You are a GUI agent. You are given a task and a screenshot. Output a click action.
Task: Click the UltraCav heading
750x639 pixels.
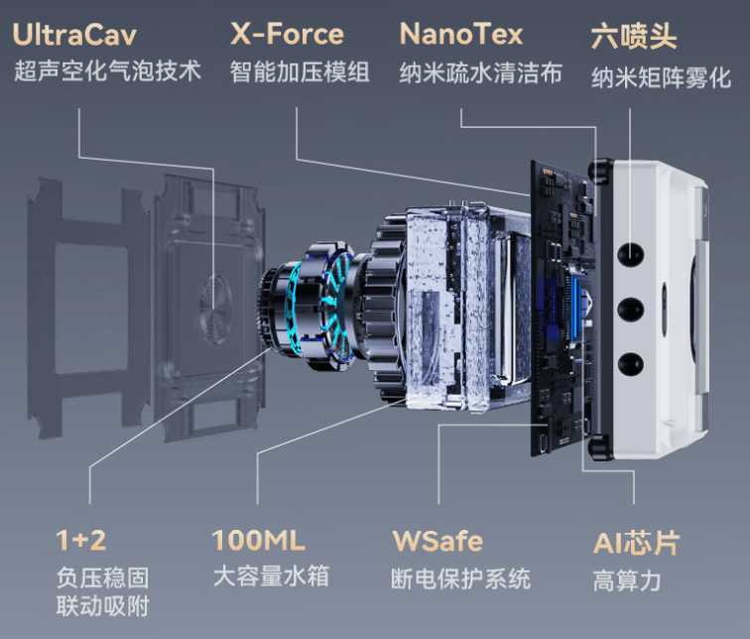click(x=74, y=35)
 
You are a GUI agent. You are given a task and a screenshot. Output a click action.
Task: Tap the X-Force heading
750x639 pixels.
click(x=287, y=34)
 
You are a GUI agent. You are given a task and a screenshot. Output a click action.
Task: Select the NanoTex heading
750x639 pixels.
click(x=461, y=34)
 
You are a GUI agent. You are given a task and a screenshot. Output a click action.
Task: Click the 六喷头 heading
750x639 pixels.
click(x=634, y=36)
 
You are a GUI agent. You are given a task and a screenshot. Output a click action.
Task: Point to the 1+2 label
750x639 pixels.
click(x=80, y=540)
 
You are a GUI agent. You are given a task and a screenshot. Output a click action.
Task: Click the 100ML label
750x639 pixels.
click(x=258, y=540)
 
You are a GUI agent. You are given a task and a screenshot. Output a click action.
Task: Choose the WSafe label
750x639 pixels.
click(x=437, y=541)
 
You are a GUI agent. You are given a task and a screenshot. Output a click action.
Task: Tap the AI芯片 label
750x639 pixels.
click(x=636, y=543)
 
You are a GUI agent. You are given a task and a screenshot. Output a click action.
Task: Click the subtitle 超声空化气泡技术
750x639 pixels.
click(x=107, y=70)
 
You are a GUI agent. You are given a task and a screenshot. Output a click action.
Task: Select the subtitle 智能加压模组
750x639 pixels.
click(x=300, y=72)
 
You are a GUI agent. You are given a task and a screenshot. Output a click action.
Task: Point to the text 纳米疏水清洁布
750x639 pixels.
click(x=481, y=73)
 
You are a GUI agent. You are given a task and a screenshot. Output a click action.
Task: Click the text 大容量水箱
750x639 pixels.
click(x=271, y=575)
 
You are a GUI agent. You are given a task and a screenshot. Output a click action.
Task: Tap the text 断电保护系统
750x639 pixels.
click(x=460, y=578)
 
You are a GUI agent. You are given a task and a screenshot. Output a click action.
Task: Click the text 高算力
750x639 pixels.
click(x=627, y=580)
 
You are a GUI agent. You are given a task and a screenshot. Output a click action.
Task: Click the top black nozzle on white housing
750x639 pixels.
click(x=630, y=254)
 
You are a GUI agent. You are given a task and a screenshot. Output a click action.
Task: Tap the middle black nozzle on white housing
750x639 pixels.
click(x=630, y=310)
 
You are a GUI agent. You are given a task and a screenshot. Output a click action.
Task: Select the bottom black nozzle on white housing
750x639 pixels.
click(x=630, y=365)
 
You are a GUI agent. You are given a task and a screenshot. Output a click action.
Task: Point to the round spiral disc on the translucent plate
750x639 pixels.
click(x=216, y=308)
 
